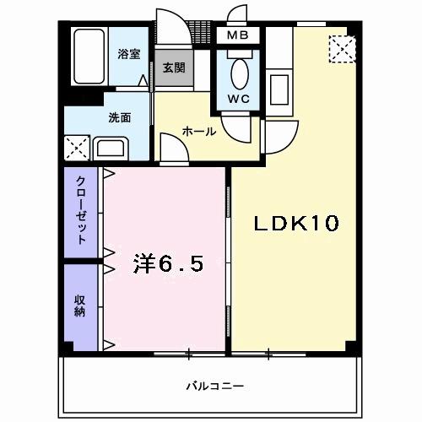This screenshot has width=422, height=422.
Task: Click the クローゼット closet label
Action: click(81, 210)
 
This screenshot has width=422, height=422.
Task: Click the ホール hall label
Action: click(199, 132)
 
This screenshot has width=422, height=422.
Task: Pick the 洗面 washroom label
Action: click(119, 118)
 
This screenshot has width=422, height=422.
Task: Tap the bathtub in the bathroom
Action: click(88, 57)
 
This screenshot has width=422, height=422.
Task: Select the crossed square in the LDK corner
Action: click(342, 50)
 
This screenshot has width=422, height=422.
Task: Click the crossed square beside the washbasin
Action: click(77, 150)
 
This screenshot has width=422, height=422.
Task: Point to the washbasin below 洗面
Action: click(111, 149)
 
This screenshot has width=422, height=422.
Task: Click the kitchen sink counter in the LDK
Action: click(279, 85)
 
